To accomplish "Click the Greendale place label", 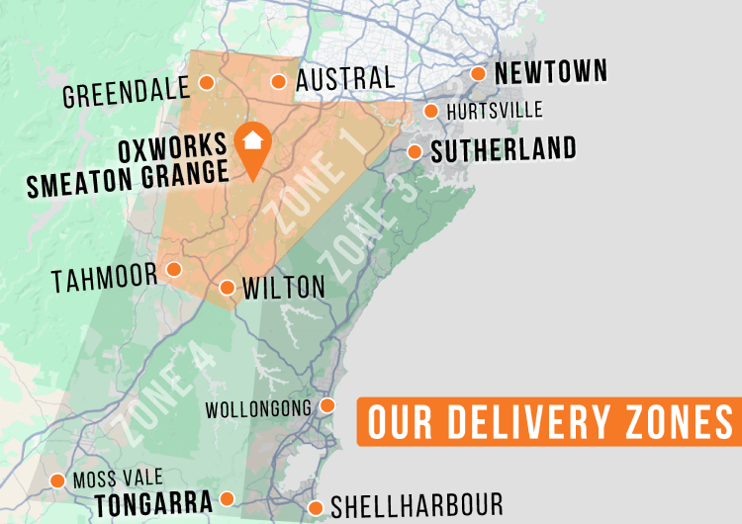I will coord(126,94).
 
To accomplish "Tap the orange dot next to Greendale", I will coord(206,82).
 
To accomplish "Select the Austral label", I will coord(345,79).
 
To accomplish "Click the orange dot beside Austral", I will coord(279,82).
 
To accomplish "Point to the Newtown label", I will coord(550,72).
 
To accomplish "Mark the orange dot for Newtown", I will coord(478,73).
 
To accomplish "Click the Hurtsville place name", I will coord(495,111).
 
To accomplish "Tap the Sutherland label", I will coord(504,149).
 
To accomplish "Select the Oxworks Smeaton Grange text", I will coord(173,160).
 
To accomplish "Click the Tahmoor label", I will coord(105,278).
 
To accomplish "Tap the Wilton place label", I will coord(283,288).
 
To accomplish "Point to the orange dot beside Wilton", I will coord(227,288).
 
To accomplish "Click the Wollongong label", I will coord(258,408).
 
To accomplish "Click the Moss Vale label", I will coord(118,480).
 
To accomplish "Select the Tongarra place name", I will coord(153,504).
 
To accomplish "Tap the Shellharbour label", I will coord(417,505).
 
